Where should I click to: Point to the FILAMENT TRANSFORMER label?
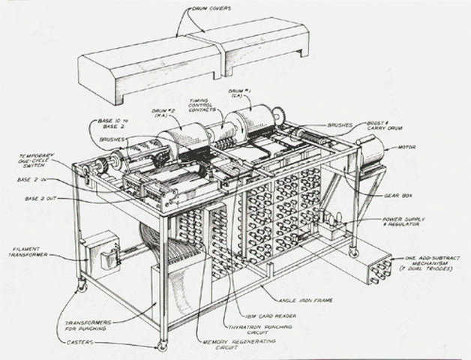pyautogui.click(x=27, y=250)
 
